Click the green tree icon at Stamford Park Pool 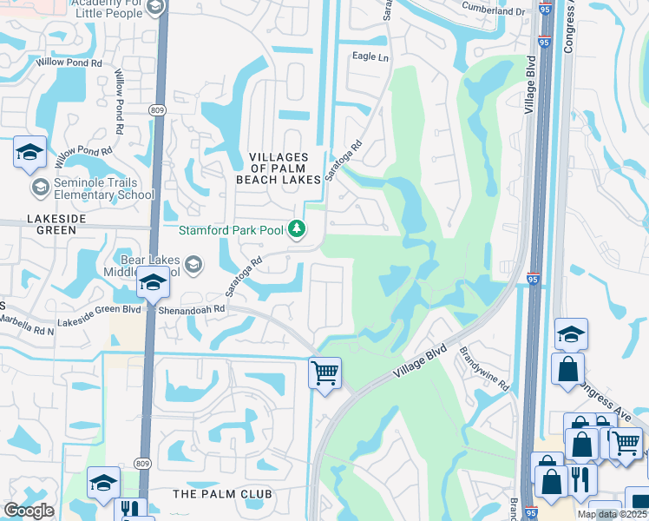point(298,229)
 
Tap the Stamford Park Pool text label point(232,230)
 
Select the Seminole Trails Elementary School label point(93,188)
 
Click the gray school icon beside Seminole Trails point(40,187)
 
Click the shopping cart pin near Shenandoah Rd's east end point(324,374)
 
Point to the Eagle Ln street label point(370,56)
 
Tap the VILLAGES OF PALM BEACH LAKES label point(279,168)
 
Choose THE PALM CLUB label point(222,494)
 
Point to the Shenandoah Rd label point(191,308)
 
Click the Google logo point(29,510)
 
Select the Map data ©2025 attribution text point(612,514)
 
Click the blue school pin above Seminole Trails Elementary point(29,154)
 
